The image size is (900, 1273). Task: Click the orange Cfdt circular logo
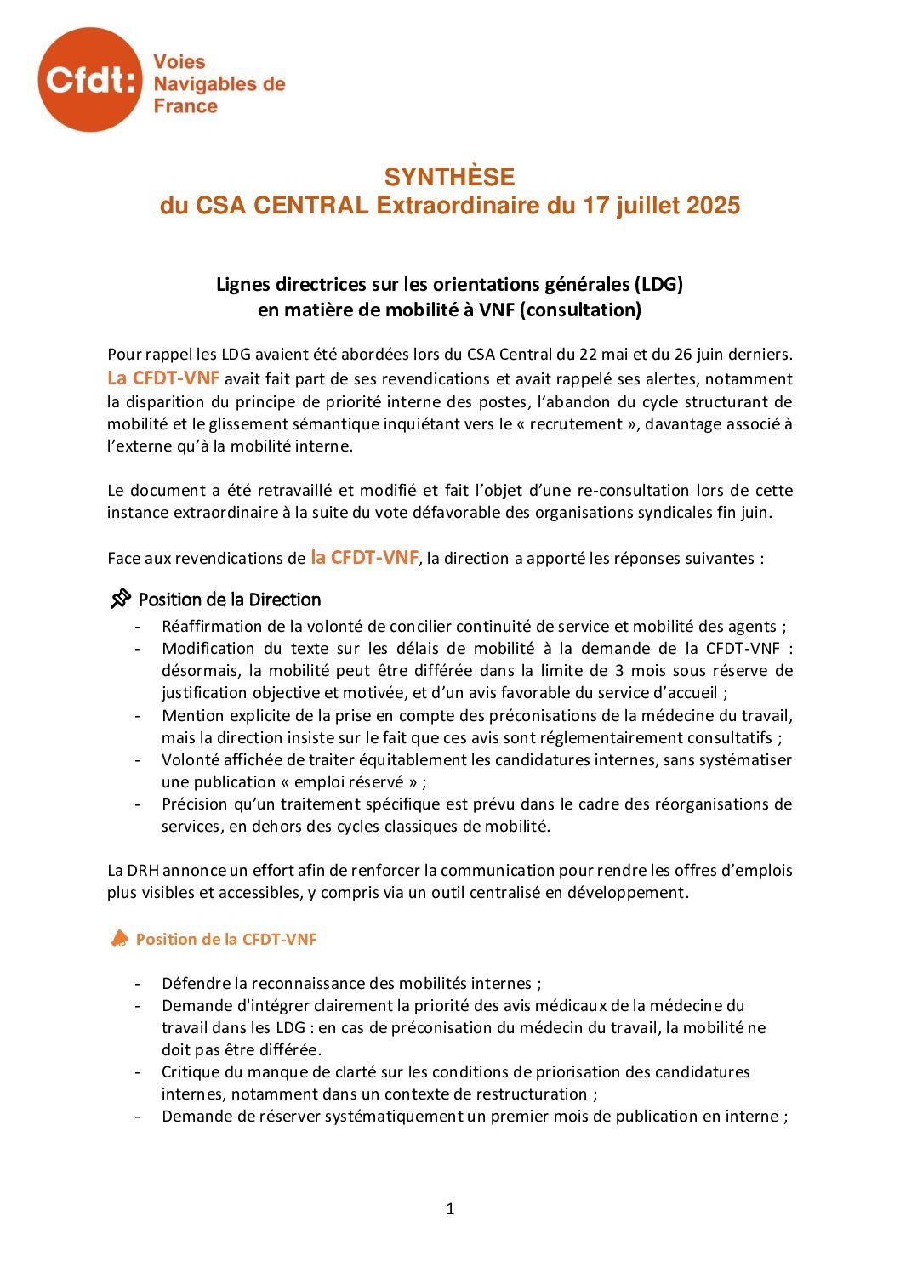tap(89, 80)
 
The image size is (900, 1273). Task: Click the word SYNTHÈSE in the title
tap(449, 177)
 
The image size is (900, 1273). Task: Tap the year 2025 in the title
tap(713, 206)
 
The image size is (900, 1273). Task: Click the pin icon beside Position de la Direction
tap(121, 600)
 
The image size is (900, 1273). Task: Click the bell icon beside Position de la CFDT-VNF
tap(120, 939)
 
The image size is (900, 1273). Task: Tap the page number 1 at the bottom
tap(450, 1208)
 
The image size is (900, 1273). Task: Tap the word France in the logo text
tap(185, 106)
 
